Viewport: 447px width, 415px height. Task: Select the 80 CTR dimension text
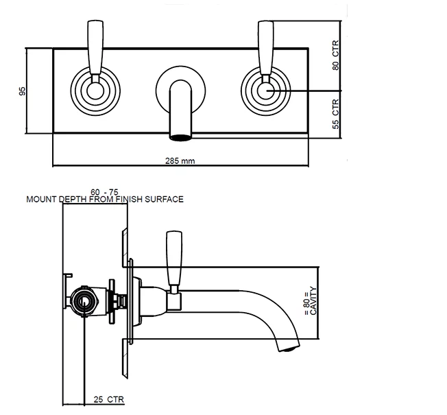(335, 56)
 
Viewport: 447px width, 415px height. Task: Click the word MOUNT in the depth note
(41, 200)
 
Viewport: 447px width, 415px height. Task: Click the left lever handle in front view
(95, 48)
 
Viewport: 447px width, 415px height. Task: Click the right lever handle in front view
(266, 48)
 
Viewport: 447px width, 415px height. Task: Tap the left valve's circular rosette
(95, 91)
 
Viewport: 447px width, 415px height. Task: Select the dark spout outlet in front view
(181, 136)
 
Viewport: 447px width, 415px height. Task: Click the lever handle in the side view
(174, 259)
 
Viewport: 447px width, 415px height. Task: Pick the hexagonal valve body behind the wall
(85, 301)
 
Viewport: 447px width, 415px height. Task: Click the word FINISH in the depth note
(129, 200)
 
